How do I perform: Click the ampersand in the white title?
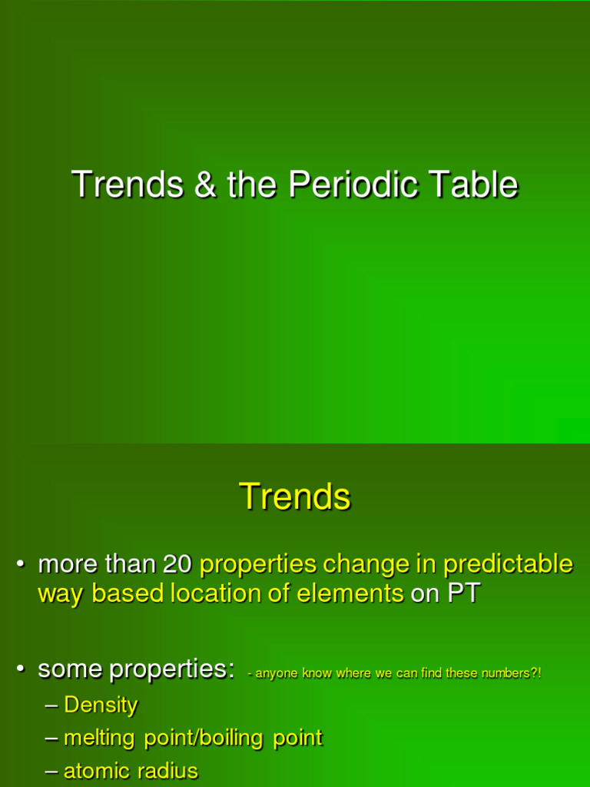[205, 185]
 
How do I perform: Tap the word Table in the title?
[473, 185]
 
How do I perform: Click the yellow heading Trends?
[295, 496]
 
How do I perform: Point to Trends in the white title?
[128, 185]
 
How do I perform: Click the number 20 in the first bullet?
[177, 564]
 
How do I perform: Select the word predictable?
[508, 564]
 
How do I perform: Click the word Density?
[101, 705]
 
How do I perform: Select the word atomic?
[97, 771]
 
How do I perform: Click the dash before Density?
[52, 706]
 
